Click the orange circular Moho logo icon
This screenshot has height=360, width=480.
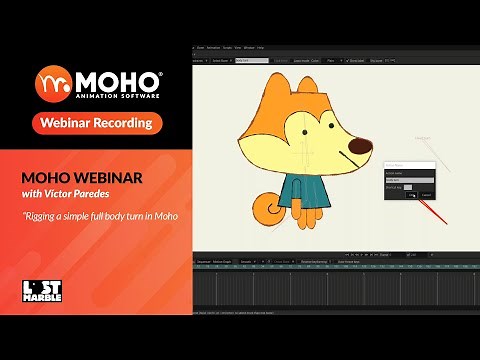[x=52, y=81]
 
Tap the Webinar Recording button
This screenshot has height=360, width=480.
[x=97, y=123]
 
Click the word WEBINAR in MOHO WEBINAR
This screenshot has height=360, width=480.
[x=126, y=176]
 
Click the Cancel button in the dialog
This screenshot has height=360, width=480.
[x=427, y=194]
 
